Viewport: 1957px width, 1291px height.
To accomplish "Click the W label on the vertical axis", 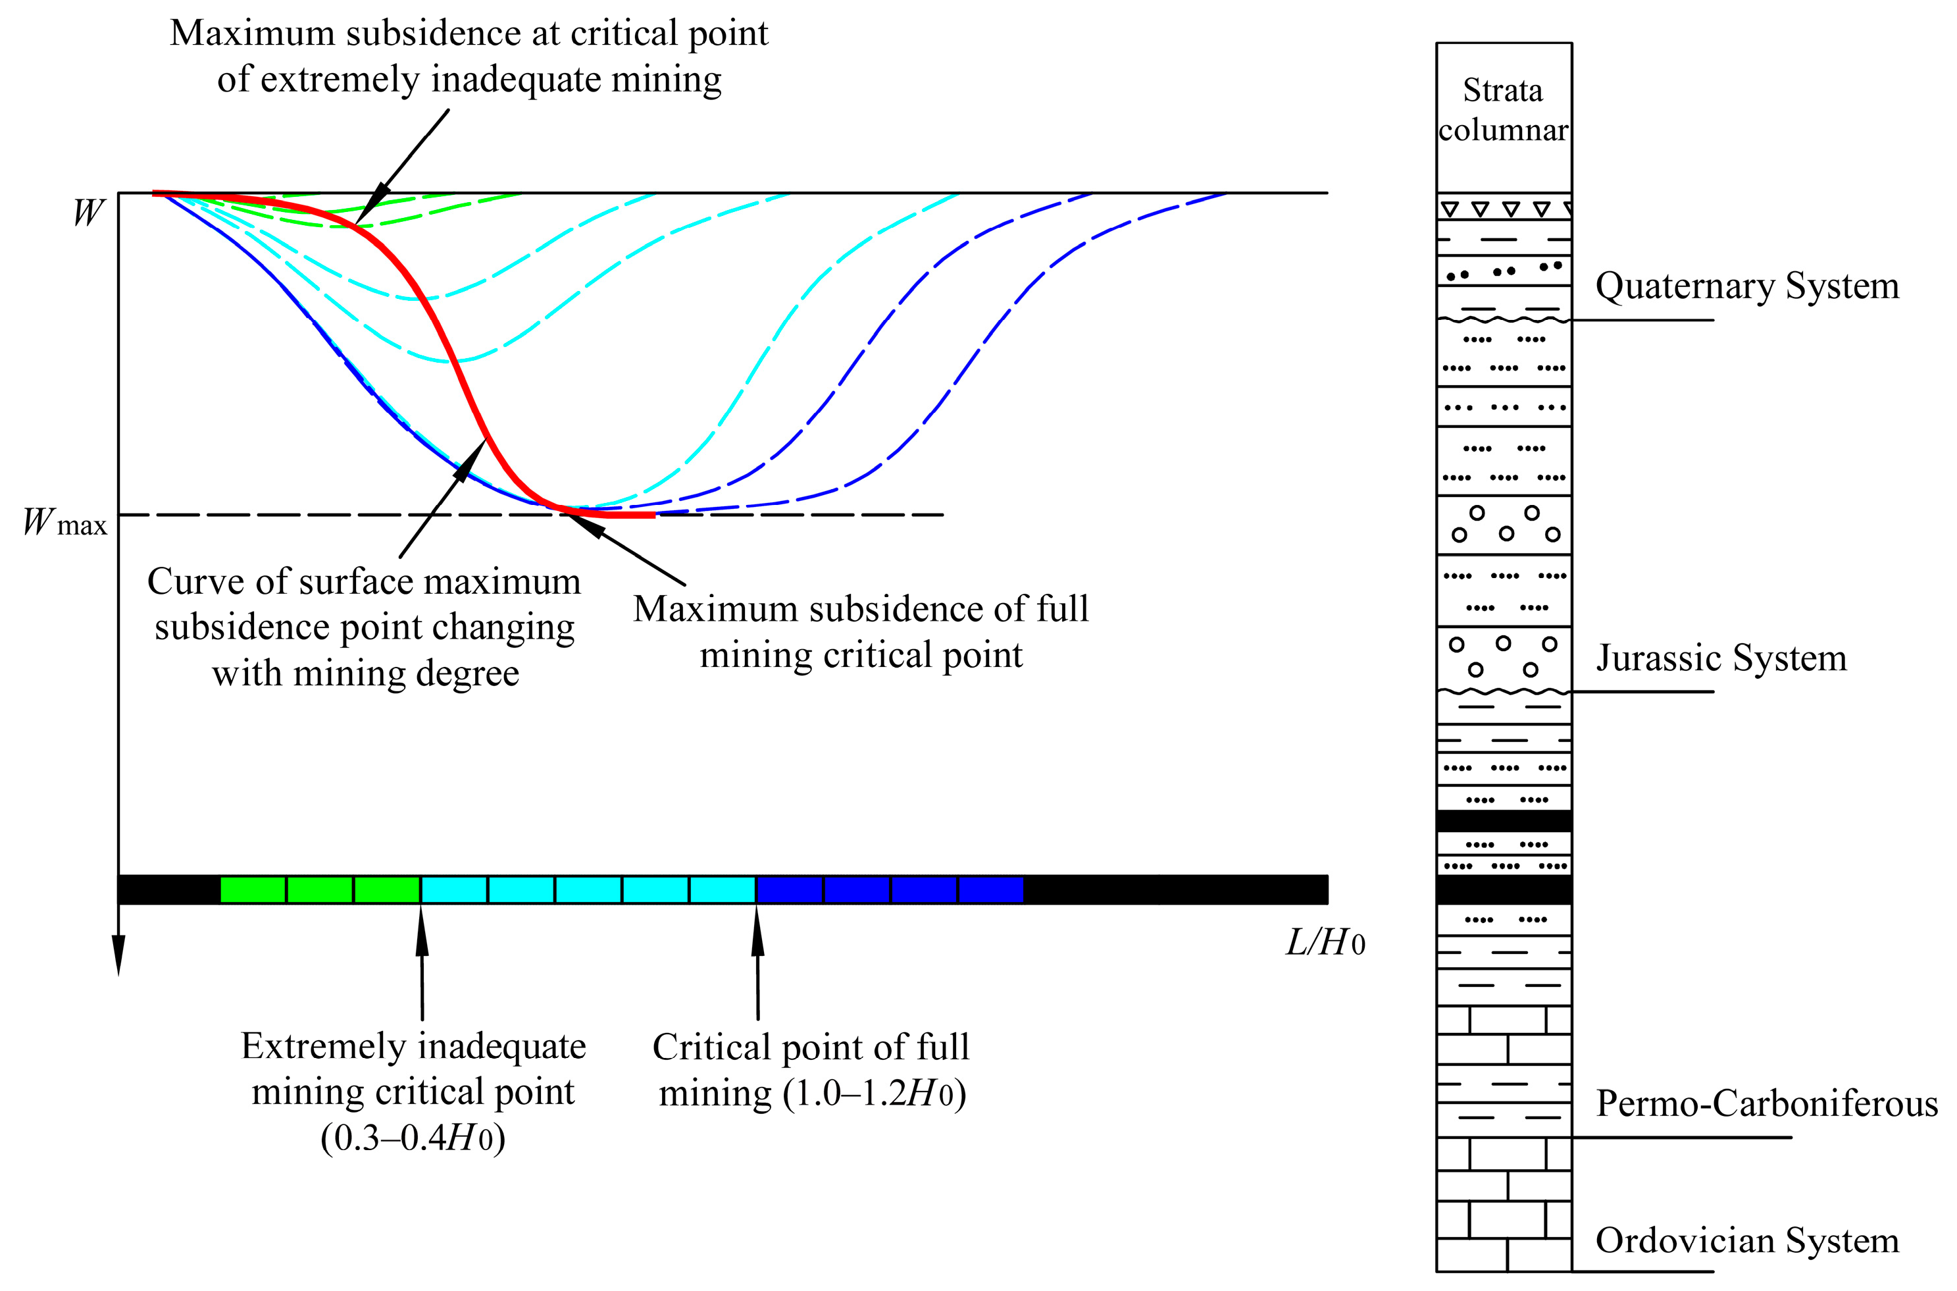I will point(88,213).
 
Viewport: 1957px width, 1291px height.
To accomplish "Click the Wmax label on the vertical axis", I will point(64,523).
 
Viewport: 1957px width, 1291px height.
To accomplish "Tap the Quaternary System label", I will point(1746,286).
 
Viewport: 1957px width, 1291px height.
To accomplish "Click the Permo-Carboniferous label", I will point(1766,1103).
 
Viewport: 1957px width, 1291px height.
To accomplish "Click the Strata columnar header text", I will point(1503,109).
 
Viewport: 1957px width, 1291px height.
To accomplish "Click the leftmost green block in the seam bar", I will point(253,890).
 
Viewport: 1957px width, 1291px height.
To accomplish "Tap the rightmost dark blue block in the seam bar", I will point(991,890).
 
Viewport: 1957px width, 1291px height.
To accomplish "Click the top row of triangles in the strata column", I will point(1504,208).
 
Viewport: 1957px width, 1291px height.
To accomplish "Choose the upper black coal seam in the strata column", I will point(1504,821).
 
